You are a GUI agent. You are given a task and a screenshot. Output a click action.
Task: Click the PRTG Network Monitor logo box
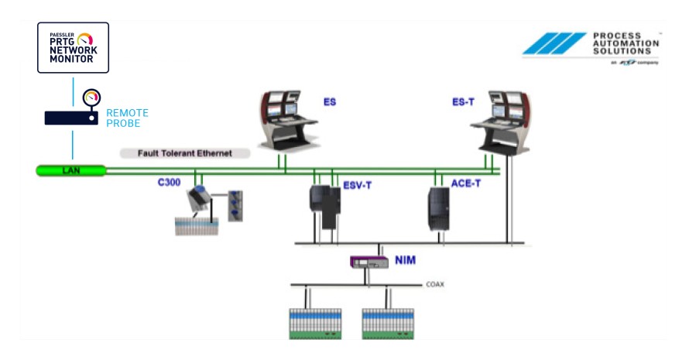[73, 47]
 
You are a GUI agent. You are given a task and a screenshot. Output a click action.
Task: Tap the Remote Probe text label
[127, 118]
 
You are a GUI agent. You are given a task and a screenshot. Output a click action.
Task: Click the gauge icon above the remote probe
[92, 98]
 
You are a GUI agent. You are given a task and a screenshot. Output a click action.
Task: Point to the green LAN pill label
[70, 170]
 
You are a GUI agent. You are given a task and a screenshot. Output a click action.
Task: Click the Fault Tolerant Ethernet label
[185, 153]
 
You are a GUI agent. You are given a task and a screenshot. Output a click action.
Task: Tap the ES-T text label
[462, 102]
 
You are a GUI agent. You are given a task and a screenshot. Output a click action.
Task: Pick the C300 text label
[170, 184]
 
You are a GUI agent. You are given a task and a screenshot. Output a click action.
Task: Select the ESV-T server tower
[324, 205]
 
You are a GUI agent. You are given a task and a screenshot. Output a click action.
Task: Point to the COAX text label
[435, 285]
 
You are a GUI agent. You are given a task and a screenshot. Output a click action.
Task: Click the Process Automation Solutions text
[625, 43]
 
